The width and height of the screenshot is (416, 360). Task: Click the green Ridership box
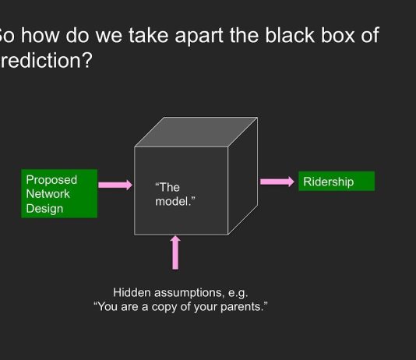point(336,182)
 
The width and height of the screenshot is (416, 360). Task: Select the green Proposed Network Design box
point(59,193)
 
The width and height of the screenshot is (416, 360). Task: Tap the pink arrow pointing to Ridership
point(277,182)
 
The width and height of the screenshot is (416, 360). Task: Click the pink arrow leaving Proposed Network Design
point(115,185)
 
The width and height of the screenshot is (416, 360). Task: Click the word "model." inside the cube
point(175,201)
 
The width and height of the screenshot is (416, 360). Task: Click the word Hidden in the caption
point(132,293)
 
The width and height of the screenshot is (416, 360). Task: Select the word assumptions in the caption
point(191,293)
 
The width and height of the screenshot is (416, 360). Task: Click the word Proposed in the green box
point(51,180)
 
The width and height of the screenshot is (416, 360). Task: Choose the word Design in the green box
point(44,208)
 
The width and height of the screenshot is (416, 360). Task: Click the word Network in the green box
point(48,194)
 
